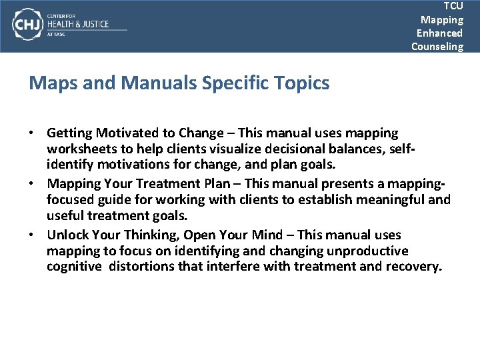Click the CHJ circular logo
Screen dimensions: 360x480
click(x=26, y=25)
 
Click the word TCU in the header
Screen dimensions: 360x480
click(x=453, y=6)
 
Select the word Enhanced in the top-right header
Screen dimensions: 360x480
click(x=439, y=33)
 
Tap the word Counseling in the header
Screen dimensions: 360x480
click(x=437, y=46)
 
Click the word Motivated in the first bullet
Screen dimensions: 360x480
click(x=123, y=133)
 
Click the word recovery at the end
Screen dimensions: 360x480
click(x=416, y=267)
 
